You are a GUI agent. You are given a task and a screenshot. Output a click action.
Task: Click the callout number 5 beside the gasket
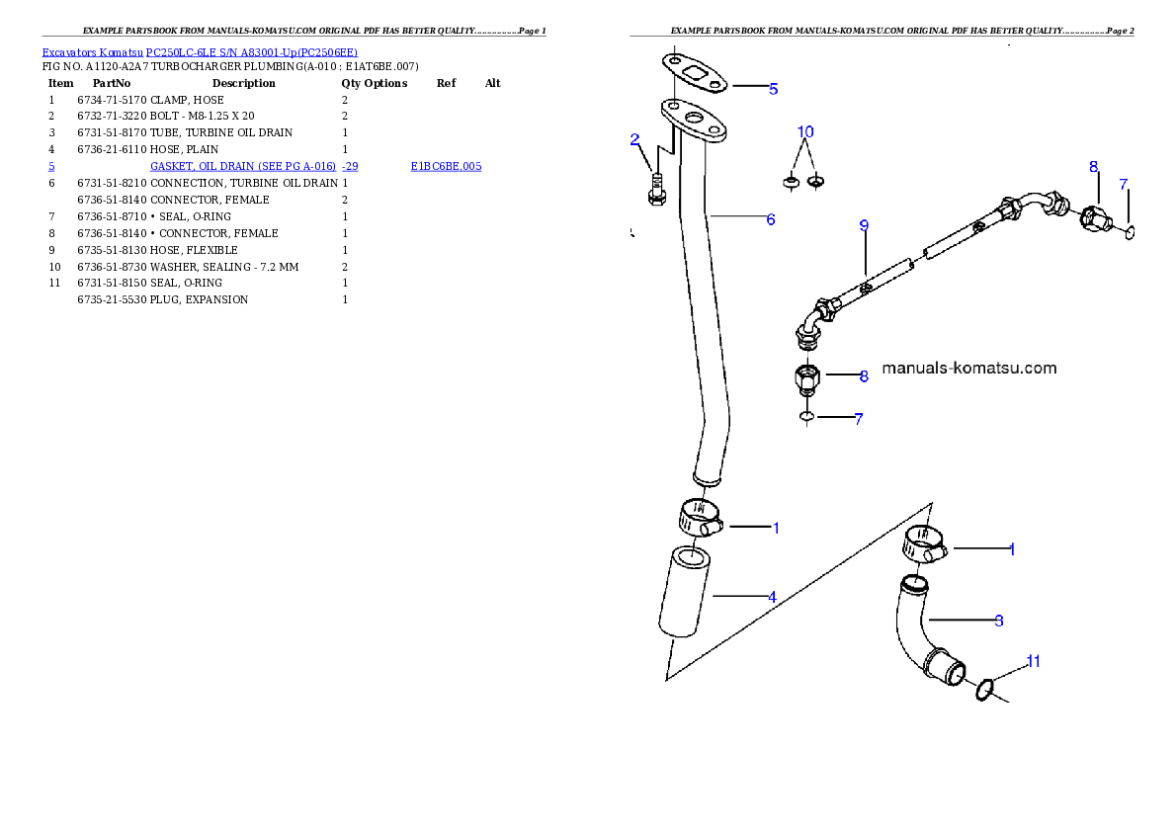click(773, 89)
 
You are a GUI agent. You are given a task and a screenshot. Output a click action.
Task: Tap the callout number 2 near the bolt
click(635, 139)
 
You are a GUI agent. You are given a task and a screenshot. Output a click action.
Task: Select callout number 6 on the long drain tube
click(771, 219)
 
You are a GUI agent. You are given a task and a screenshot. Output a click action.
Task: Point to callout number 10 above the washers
click(805, 131)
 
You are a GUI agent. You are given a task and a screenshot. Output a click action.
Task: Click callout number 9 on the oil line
click(864, 226)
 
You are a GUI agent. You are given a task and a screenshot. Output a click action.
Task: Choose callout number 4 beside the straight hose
click(772, 597)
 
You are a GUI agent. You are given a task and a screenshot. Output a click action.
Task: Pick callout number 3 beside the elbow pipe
click(999, 621)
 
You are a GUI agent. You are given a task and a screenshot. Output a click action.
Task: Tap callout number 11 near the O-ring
click(1033, 662)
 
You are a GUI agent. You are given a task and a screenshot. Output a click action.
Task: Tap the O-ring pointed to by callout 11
click(984, 689)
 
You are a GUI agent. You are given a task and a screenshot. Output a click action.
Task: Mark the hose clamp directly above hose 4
click(699, 518)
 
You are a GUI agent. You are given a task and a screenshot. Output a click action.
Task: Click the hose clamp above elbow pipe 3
click(924, 543)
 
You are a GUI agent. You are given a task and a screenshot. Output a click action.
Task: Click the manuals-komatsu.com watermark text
click(968, 369)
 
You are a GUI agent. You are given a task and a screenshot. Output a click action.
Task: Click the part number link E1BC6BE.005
click(446, 167)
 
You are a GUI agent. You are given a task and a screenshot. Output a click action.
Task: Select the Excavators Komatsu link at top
click(199, 52)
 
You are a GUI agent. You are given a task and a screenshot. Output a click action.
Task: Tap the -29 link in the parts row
click(350, 167)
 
